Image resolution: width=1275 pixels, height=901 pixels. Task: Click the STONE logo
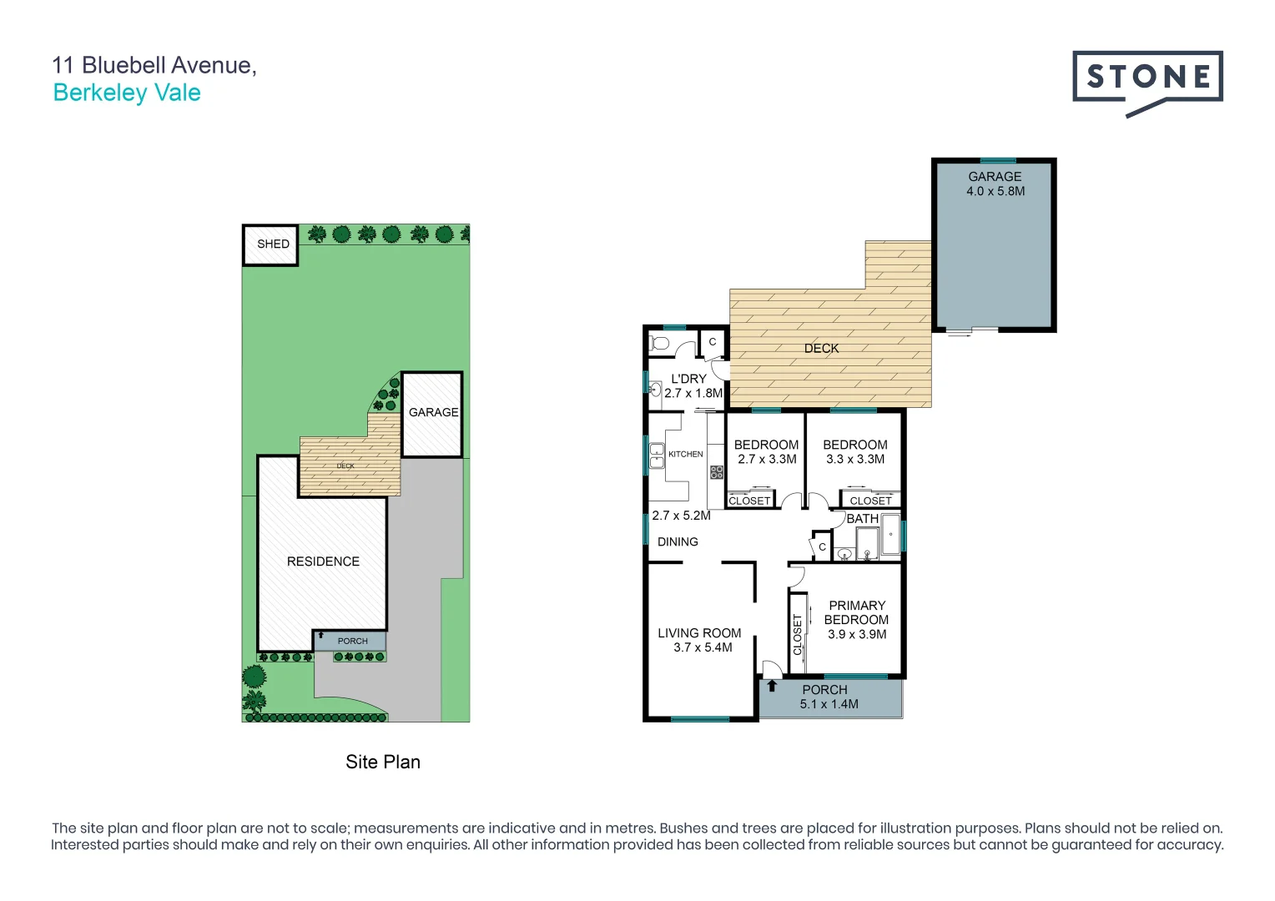[1147, 82]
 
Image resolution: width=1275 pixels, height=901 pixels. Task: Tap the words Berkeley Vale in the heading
[127, 93]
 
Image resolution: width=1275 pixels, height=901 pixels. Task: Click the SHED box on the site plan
[270, 244]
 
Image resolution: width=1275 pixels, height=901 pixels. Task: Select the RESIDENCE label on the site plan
[323, 561]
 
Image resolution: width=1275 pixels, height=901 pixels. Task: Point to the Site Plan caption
[383, 762]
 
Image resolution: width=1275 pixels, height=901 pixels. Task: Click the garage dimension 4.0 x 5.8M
[995, 191]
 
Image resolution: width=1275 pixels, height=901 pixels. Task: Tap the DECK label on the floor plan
[821, 349]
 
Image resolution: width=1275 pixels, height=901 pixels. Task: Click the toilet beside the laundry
[660, 343]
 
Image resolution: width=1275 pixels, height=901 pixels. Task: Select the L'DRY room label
[688, 379]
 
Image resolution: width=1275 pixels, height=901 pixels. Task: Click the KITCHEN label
[685, 454]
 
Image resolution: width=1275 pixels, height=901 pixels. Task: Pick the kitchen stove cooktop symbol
[716, 472]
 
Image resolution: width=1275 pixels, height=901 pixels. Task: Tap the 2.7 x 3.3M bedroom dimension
[767, 459]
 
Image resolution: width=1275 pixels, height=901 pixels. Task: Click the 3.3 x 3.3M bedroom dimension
[855, 459]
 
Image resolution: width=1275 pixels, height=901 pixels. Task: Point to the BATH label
[862, 519]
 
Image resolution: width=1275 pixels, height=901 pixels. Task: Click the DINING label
[678, 541]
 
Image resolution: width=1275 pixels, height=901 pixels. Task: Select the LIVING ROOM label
[699, 633]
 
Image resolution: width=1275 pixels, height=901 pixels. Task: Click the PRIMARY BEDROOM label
[856, 612]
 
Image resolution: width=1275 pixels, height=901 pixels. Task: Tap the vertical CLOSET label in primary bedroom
[797, 634]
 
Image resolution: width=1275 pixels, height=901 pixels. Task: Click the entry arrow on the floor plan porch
[772, 686]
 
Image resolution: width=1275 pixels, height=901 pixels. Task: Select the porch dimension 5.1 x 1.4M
[829, 704]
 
